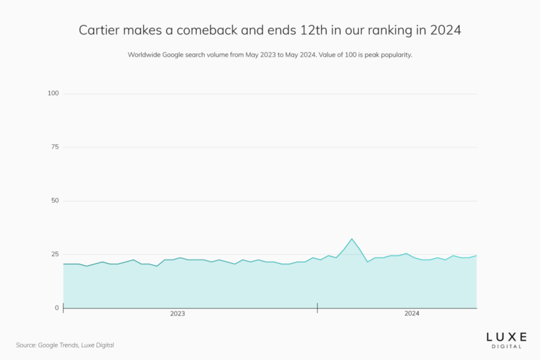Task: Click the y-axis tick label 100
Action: pos(53,93)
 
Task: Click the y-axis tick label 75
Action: pos(55,147)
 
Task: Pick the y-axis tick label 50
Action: pos(55,201)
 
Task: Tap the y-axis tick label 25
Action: pos(55,255)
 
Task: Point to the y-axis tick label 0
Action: pos(57,308)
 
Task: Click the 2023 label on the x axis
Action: pos(178,314)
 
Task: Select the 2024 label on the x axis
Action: pos(412,314)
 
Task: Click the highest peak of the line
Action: pos(352,239)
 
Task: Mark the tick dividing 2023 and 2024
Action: pos(317,307)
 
